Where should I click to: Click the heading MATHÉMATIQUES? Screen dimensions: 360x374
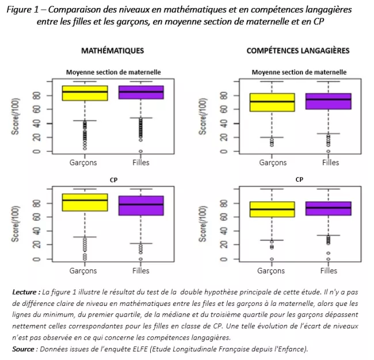tap(112, 51)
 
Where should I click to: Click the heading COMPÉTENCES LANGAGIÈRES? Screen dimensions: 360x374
tap(297, 51)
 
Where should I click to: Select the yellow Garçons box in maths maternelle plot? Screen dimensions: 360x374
tap(85, 93)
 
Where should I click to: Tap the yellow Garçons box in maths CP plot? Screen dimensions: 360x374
tap(85, 202)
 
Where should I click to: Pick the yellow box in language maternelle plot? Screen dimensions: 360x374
tap(273, 102)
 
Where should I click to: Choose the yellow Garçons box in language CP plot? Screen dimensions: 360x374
tap(273, 209)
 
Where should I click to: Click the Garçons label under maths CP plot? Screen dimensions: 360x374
tap(83, 270)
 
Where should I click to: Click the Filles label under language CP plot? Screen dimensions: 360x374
tap(329, 270)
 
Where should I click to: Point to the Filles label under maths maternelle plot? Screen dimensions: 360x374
tap(140, 163)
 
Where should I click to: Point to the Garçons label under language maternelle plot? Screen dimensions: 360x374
tap(273, 163)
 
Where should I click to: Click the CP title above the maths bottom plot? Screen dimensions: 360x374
tap(114, 180)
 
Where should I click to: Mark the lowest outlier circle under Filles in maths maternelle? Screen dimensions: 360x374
tap(140, 151)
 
